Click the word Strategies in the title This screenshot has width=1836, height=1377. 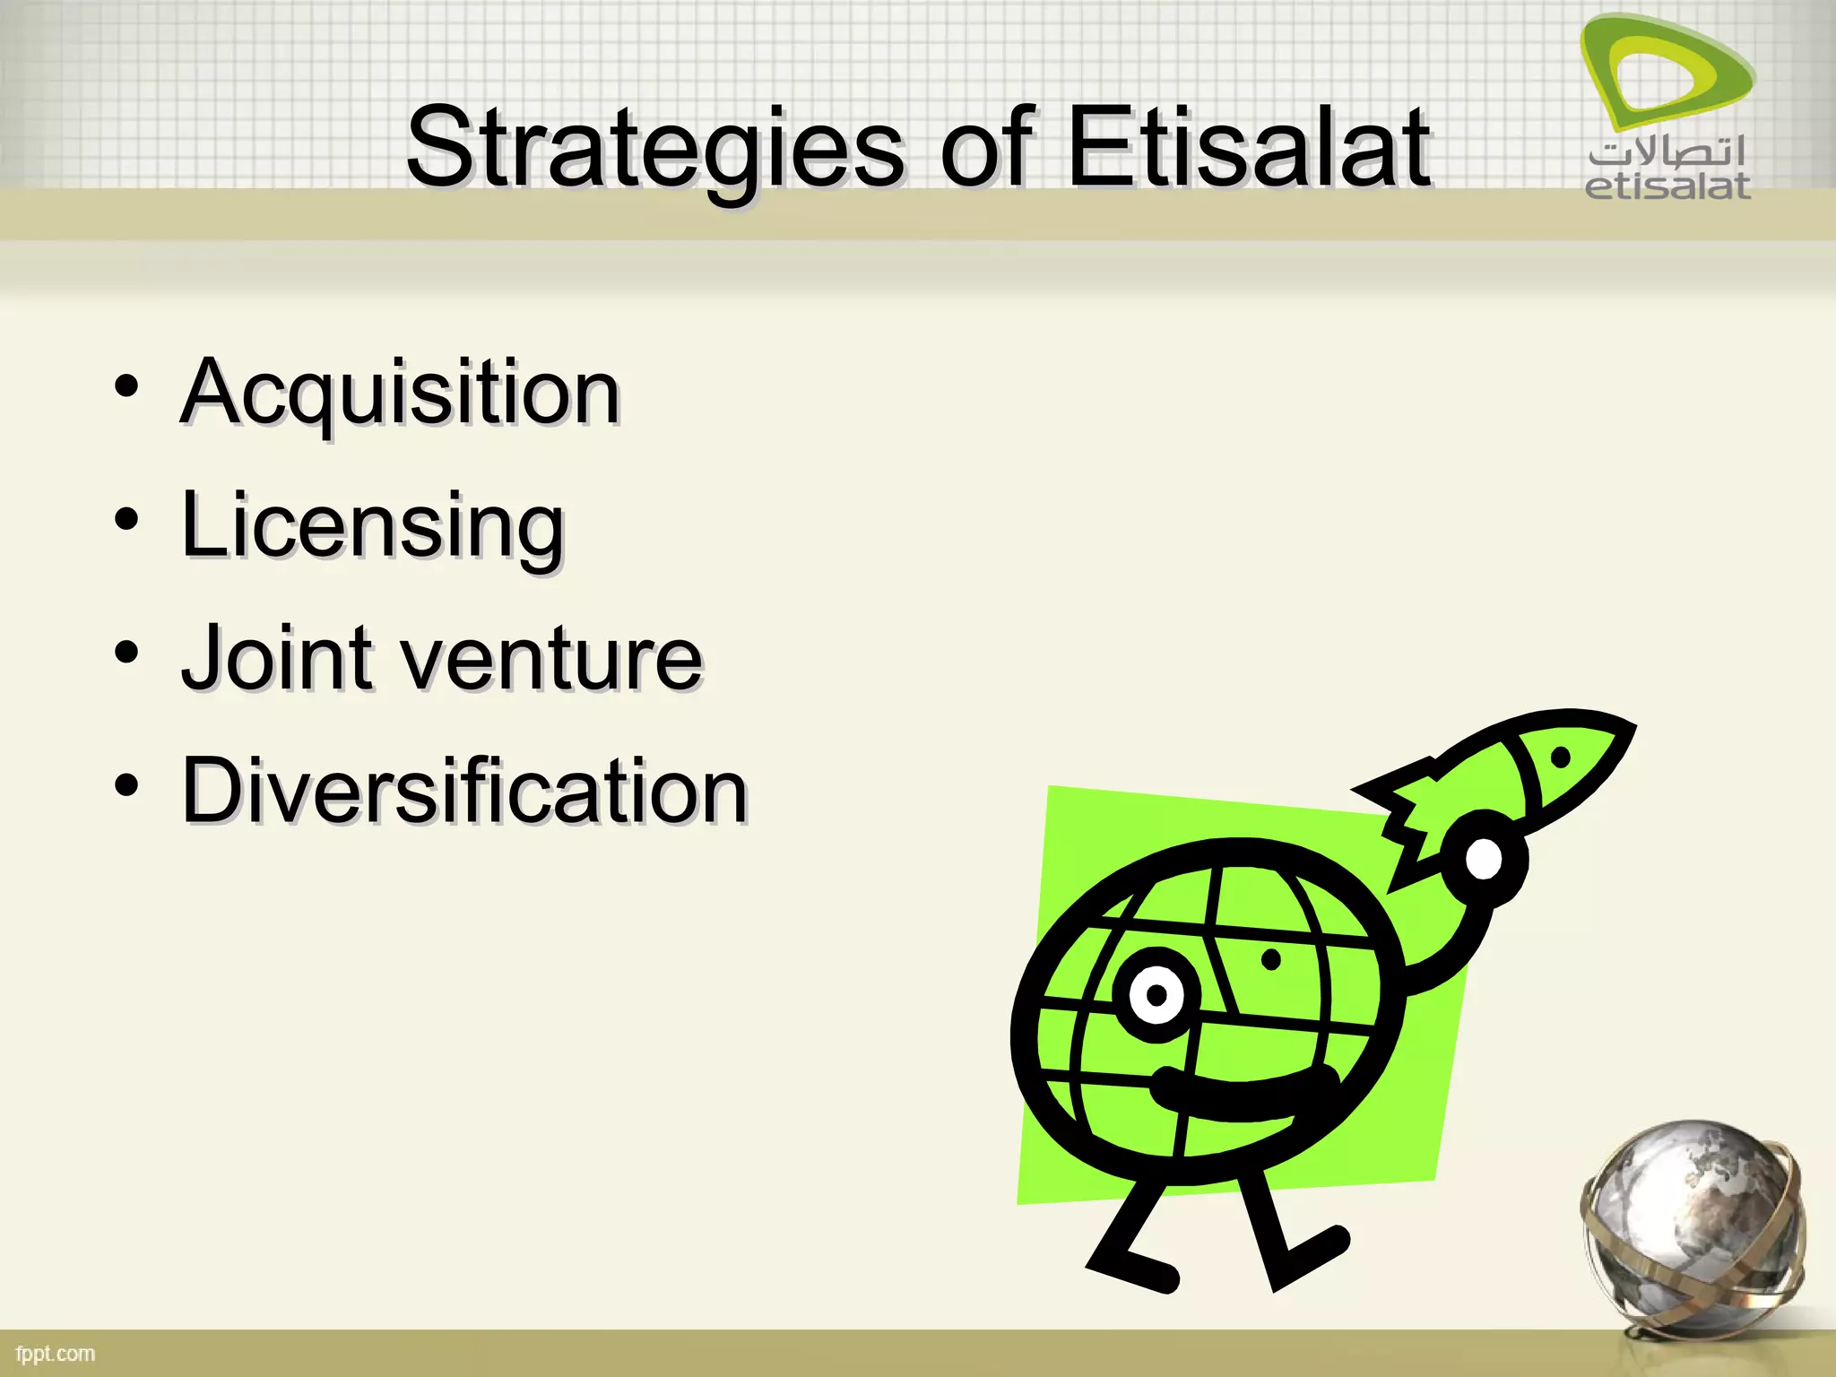coord(654,148)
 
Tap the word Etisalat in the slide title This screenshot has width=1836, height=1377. coord(1249,148)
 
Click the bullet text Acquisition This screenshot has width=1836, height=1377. coord(400,394)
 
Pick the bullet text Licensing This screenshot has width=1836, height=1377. coord(373,526)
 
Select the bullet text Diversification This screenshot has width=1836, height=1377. coord(464,791)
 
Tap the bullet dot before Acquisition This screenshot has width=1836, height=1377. coord(126,387)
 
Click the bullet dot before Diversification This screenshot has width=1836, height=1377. coord(126,785)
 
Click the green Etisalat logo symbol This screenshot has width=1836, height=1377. coord(1666,74)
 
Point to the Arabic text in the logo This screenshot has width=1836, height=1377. coord(1667,152)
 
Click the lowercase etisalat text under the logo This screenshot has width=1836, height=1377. coord(1667,186)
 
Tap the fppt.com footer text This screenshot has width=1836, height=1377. coord(56,1354)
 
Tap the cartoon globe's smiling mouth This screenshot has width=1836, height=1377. coord(1242,1096)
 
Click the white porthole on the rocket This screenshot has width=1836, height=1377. coord(1484,859)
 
